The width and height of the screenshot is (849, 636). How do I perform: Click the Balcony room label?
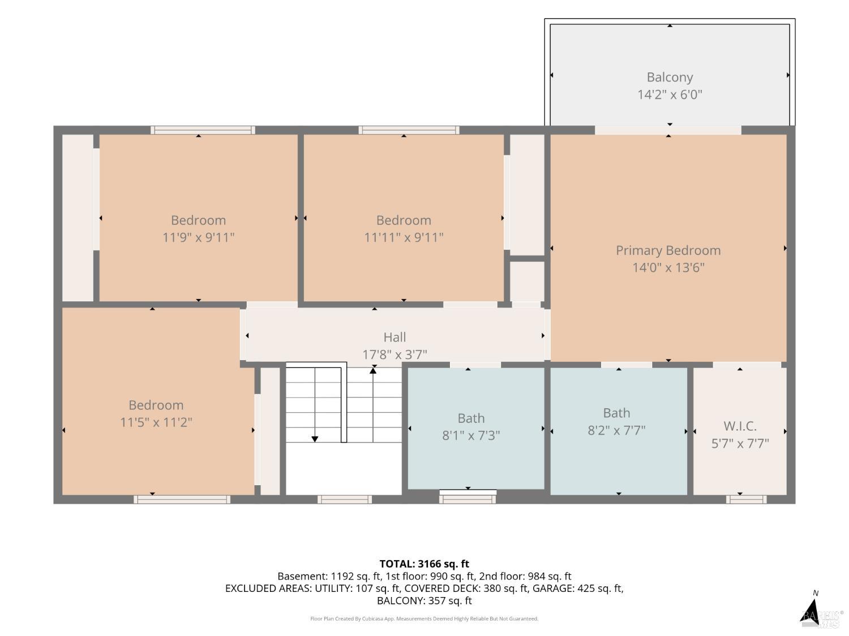pyautogui.click(x=670, y=77)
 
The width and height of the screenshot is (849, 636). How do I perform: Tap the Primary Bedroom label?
pyautogui.click(x=668, y=250)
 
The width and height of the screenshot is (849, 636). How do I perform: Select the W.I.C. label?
pyautogui.click(x=740, y=426)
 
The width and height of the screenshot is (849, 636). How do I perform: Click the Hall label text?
pyautogui.click(x=395, y=337)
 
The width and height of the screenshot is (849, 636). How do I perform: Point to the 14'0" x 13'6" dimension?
pyautogui.click(x=668, y=267)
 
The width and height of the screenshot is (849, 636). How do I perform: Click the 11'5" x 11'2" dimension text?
pyautogui.click(x=156, y=422)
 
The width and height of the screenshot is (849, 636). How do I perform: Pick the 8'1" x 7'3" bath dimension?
pyautogui.click(x=471, y=435)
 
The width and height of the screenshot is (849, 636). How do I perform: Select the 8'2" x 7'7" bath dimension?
pyautogui.click(x=616, y=430)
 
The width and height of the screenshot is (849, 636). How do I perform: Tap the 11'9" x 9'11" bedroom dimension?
pyautogui.click(x=198, y=237)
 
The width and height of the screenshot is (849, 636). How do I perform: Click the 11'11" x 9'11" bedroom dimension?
pyautogui.click(x=404, y=237)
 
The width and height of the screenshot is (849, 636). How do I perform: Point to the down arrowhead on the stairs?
pyautogui.click(x=315, y=439)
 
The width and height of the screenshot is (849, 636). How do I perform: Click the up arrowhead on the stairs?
pyautogui.click(x=373, y=371)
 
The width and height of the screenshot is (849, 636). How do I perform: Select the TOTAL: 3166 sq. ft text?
pyautogui.click(x=424, y=564)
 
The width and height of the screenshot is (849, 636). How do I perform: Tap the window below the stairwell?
pyautogui.click(x=345, y=499)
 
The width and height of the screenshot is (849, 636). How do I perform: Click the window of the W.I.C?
pyautogui.click(x=746, y=499)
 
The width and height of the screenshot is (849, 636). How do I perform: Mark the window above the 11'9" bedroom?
pyautogui.click(x=203, y=130)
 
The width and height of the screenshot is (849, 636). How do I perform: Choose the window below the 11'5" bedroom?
pyautogui.click(x=182, y=499)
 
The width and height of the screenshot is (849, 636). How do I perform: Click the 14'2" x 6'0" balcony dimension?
pyautogui.click(x=670, y=94)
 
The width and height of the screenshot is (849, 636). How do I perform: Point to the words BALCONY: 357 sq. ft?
pyautogui.click(x=424, y=600)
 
